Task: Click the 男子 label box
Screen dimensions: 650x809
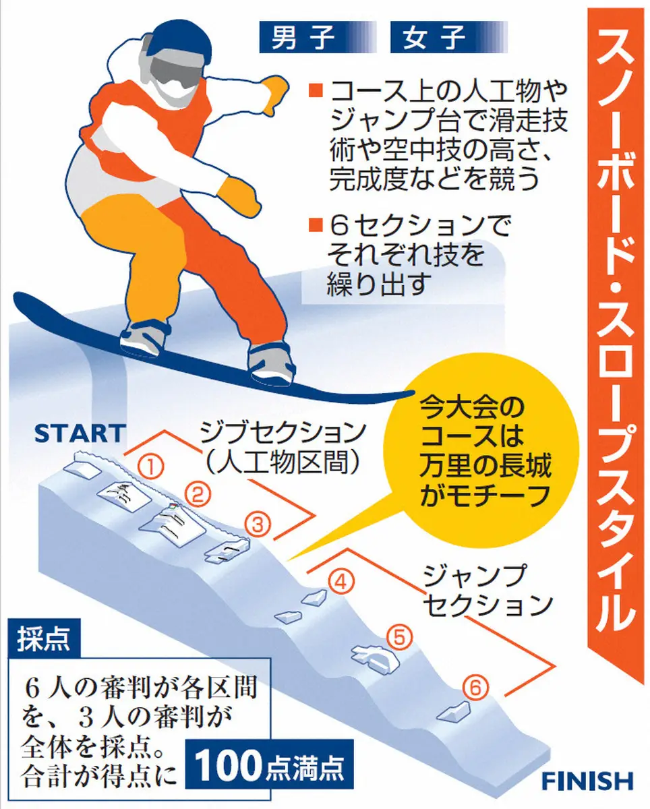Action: (318, 37)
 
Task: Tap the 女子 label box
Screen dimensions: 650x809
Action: (448, 37)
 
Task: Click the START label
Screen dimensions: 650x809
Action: (80, 433)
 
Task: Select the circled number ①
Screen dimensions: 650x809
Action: (150, 467)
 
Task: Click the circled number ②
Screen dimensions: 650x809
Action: (198, 495)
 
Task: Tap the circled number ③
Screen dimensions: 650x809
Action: (258, 525)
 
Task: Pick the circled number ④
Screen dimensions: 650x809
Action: (341, 582)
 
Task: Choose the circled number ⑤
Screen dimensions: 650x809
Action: (399, 637)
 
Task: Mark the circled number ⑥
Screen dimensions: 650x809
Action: (475, 688)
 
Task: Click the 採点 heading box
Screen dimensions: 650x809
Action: (44, 638)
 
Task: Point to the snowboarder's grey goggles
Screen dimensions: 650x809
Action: (175, 71)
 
